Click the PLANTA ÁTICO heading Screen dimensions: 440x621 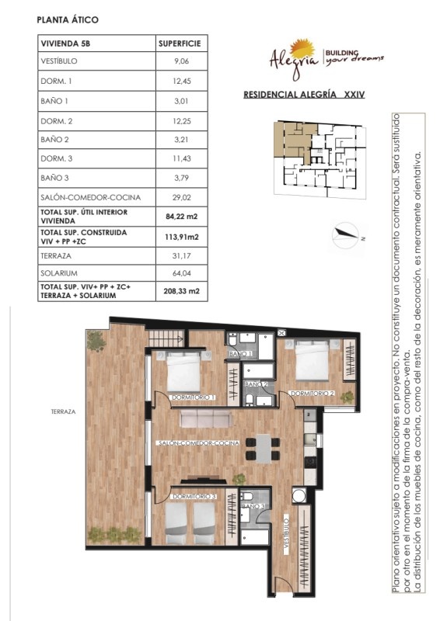click(68, 20)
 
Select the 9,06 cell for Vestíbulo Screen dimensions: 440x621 click(181, 61)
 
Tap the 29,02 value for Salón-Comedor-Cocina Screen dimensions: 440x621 click(181, 197)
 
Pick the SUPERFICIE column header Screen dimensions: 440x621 click(180, 43)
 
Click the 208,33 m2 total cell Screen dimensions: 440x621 click(181, 291)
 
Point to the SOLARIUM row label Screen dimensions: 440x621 click(59, 273)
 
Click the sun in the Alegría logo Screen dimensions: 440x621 click(302, 49)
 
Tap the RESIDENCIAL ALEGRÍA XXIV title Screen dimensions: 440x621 click(304, 95)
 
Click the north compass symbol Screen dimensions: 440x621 click(346, 235)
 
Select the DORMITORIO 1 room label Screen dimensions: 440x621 click(193, 397)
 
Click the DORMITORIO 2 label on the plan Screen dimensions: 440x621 click(313, 394)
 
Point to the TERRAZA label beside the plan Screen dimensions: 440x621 click(63, 412)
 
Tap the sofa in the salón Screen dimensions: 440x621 click(206, 418)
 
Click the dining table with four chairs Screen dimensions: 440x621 click(263, 449)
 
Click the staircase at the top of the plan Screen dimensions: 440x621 click(166, 338)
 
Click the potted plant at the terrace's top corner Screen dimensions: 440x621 click(96, 341)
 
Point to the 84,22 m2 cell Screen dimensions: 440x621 click(181, 217)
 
